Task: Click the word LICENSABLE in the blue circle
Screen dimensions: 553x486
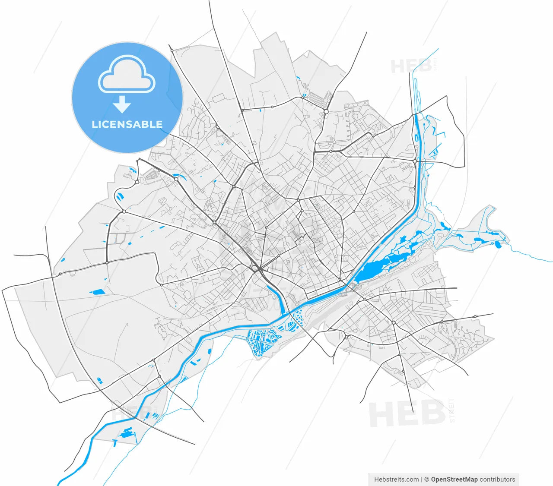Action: [127, 124]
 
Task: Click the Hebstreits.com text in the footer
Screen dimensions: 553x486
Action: [396, 480]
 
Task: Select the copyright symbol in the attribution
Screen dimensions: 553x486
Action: [426, 480]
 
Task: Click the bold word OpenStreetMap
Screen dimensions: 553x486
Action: [454, 480]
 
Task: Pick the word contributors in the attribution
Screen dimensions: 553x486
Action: [497, 480]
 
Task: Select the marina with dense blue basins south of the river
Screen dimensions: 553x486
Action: [261, 341]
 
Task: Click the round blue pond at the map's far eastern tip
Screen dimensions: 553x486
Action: [498, 245]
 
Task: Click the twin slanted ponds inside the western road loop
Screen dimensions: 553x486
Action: [119, 197]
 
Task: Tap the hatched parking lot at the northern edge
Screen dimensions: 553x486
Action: [320, 99]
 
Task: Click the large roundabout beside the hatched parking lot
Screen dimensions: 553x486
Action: [326, 112]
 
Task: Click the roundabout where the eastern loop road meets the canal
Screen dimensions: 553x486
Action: [415, 161]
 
